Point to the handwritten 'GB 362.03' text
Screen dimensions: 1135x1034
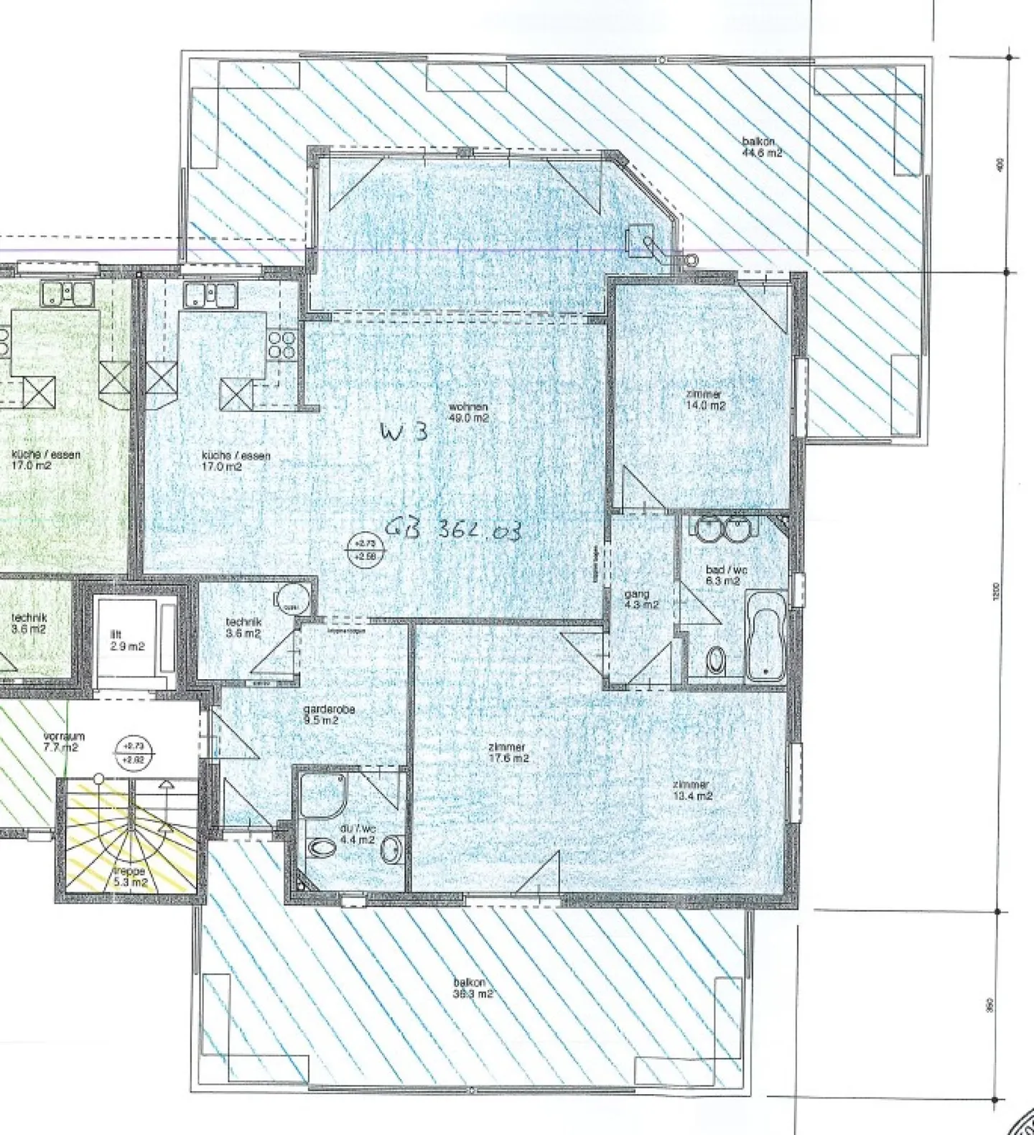[x=452, y=530]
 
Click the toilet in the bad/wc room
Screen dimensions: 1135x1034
[x=716, y=660]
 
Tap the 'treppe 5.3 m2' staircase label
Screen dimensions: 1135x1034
[x=130, y=877]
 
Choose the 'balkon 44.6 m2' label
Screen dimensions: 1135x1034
[x=762, y=147]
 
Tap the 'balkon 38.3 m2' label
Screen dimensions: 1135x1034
[x=472, y=988]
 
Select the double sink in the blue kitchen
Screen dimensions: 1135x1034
[x=210, y=294]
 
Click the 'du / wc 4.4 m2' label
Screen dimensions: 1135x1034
[x=357, y=833]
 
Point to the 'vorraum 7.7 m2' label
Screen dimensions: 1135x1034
[x=64, y=742]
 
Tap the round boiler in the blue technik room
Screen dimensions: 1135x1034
[x=293, y=596]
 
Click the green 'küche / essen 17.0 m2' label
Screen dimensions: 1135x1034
[x=46, y=459]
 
